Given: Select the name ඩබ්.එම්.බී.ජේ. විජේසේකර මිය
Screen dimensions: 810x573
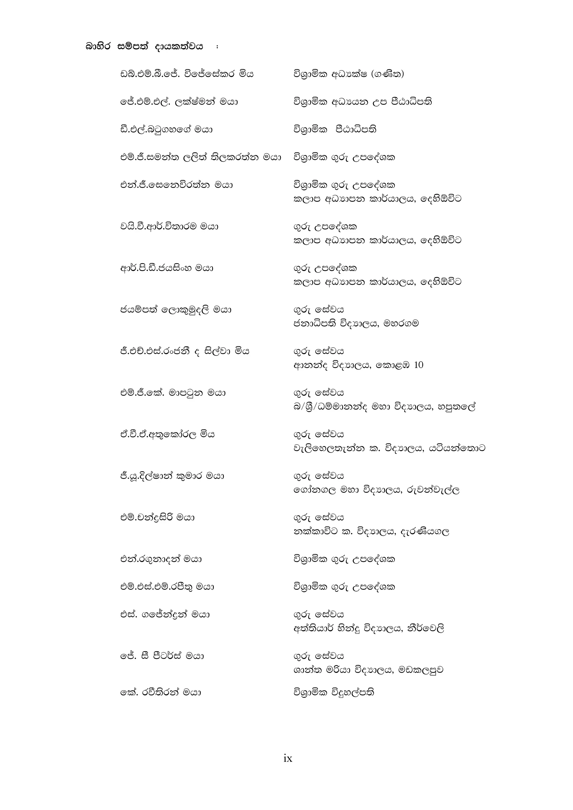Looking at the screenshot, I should click(187, 74).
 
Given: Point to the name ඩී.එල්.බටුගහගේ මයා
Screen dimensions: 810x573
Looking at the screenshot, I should click(166, 130).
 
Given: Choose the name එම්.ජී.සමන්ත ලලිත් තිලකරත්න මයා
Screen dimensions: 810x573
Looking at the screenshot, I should click(200, 157).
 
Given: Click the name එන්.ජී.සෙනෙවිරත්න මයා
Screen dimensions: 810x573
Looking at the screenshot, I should click(177, 185).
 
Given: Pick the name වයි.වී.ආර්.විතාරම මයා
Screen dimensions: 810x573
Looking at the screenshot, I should click(169, 227).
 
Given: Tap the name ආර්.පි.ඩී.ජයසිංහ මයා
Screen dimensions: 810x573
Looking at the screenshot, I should click(166, 268).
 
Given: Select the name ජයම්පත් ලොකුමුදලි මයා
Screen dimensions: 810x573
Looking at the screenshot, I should click(175, 310).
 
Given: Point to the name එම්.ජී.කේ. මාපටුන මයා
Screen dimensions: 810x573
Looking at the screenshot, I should click(173, 393).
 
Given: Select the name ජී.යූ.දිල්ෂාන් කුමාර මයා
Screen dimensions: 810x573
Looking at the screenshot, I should click(172, 476).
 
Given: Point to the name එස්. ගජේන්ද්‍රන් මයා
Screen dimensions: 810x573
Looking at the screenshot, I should click(165, 614).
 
